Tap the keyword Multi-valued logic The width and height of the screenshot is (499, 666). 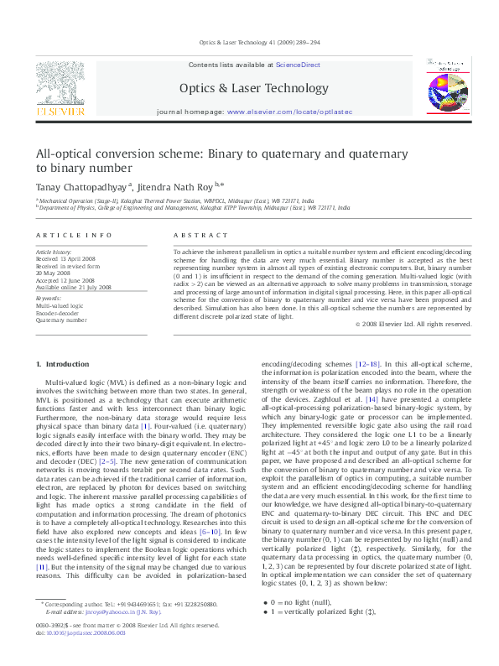tap(60, 306)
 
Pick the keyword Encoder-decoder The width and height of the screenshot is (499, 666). tap(57, 313)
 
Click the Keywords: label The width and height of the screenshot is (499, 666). tap(49, 299)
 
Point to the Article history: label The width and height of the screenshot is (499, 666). tap(55, 252)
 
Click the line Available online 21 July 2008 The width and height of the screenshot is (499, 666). tap(73, 286)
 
